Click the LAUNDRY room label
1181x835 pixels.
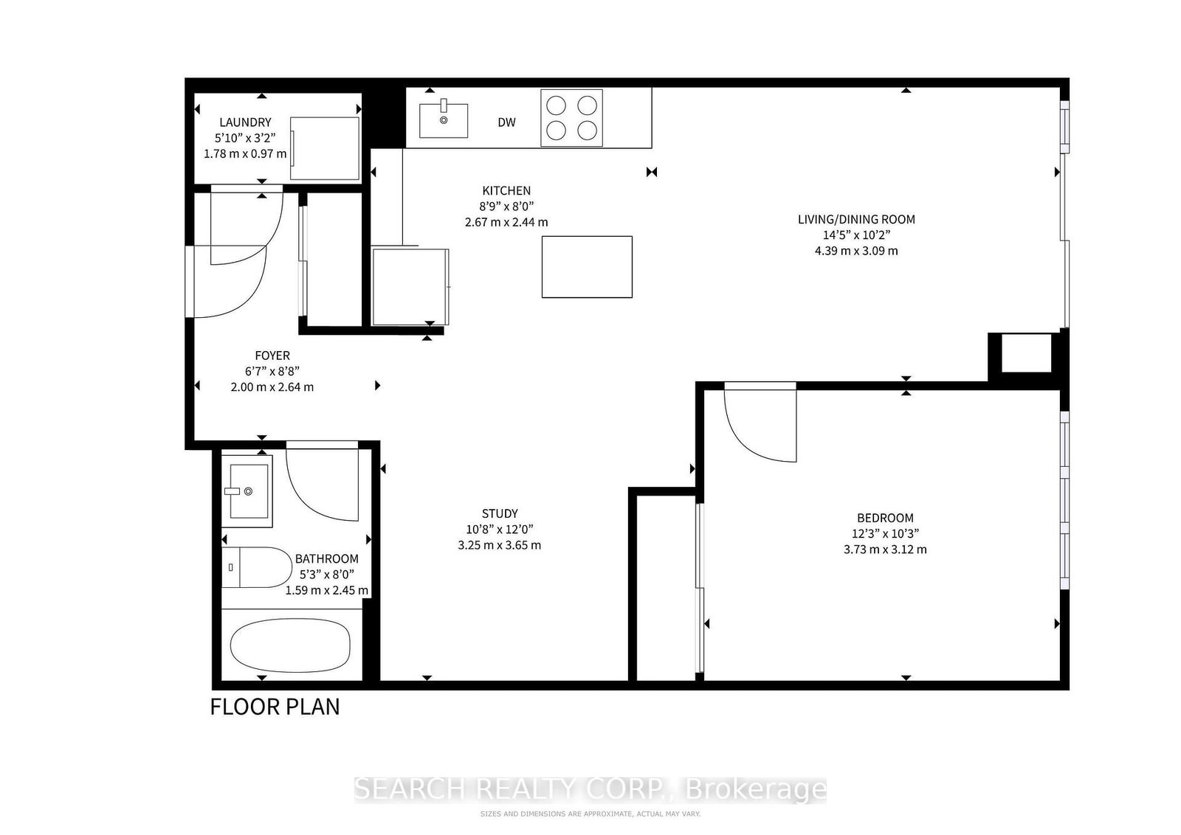[x=245, y=122]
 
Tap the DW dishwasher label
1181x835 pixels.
[x=506, y=122]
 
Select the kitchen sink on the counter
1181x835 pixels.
[x=444, y=120]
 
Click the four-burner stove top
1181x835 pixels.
[x=571, y=118]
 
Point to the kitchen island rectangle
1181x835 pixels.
[x=587, y=267]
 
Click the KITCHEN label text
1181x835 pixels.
[x=506, y=191]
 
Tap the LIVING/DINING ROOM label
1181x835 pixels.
[x=856, y=219]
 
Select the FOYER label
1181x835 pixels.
[x=272, y=356]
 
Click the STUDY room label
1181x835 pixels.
[x=500, y=513]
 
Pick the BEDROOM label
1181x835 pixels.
[x=885, y=518]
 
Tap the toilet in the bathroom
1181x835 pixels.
[x=257, y=567]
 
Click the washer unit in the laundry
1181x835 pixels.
[x=325, y=148]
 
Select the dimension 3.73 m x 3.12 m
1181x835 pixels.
[x=885, y=550]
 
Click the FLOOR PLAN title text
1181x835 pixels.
[x=275, y=707]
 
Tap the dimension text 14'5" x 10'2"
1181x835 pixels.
[x=856, y=235]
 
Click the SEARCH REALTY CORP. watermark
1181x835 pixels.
[x=590, y=789]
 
